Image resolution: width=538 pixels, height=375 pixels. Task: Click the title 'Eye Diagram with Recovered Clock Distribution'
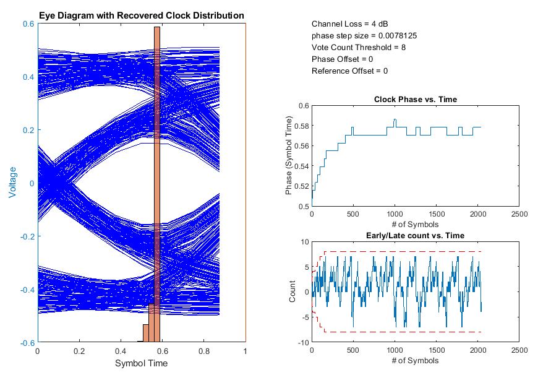pos(142,15)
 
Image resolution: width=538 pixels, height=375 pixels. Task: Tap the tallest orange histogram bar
pos(157,186)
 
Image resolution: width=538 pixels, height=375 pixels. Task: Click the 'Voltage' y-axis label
pos(13,183)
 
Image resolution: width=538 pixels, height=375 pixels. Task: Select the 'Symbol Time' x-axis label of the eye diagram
pos(142,363)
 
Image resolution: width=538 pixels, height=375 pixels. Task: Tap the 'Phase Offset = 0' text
pos(342,59)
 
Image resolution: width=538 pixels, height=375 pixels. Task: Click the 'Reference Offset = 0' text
pos(349,71)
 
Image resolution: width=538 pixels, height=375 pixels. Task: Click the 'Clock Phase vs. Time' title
pos(416,99)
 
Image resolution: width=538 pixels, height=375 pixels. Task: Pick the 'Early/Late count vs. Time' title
pos(416,235)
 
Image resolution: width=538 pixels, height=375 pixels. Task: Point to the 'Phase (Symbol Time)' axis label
pos(289,156)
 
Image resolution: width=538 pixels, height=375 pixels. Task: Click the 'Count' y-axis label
pos(293,292)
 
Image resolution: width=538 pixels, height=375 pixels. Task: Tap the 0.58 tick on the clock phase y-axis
pos(300,126)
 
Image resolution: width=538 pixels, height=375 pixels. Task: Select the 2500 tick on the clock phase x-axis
pos(519,215)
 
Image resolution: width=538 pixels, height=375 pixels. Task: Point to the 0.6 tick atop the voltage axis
pos(28,24)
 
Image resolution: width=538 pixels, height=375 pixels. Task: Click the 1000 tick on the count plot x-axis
pos(395,351)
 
